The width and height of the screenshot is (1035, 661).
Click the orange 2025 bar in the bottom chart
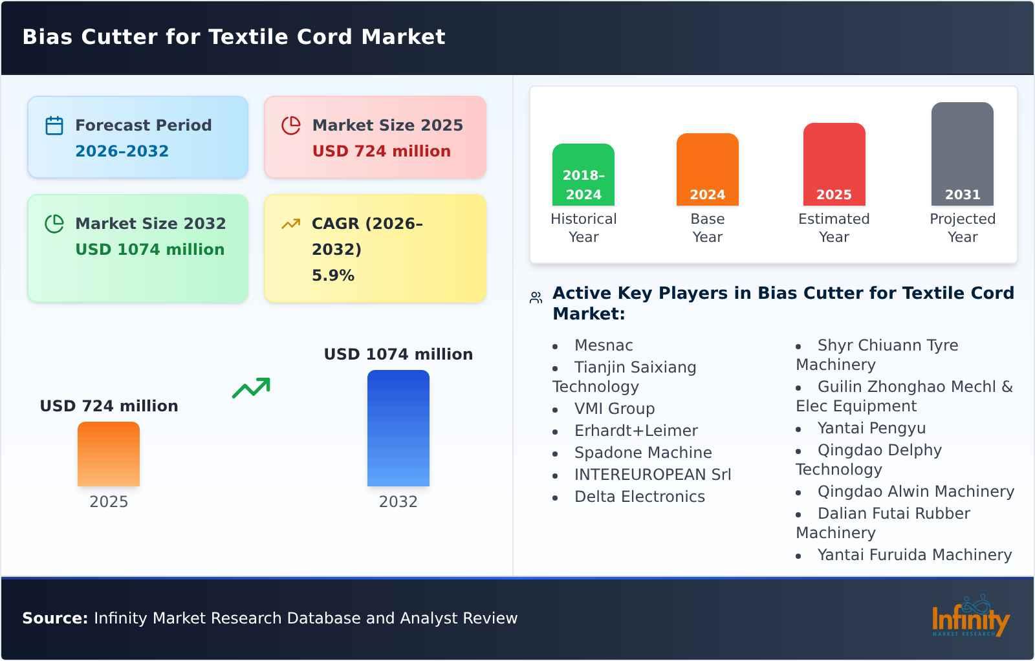point(109,454)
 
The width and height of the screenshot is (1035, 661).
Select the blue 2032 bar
point(398,428)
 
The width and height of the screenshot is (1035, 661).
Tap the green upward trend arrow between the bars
point(251,388)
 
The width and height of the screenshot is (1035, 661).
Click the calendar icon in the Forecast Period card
point(54,125)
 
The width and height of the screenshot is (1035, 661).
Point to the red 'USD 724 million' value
point(381,151)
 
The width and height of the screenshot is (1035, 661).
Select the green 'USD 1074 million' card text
point(149,249)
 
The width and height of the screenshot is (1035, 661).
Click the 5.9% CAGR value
point(332,275)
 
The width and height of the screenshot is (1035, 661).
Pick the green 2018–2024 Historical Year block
point(583,175)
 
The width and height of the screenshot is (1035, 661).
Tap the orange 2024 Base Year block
point(707,169)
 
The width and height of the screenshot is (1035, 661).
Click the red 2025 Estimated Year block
point(834,164)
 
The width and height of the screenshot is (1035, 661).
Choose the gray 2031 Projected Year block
point(962,154)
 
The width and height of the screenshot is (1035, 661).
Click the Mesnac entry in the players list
point(603,345)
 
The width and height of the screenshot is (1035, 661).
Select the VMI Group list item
point(614,409)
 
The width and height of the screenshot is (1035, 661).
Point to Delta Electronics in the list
point(639,497)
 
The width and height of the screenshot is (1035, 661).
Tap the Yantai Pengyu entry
point(871,428)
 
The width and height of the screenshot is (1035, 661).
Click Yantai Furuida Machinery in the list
point(914,555)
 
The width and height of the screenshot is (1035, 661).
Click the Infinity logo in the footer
point(970,618)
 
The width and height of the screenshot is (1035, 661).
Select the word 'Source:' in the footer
point(55,618)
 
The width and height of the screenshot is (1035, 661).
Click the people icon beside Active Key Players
point(536,298)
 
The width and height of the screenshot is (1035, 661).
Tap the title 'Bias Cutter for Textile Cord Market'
point(234,37)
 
